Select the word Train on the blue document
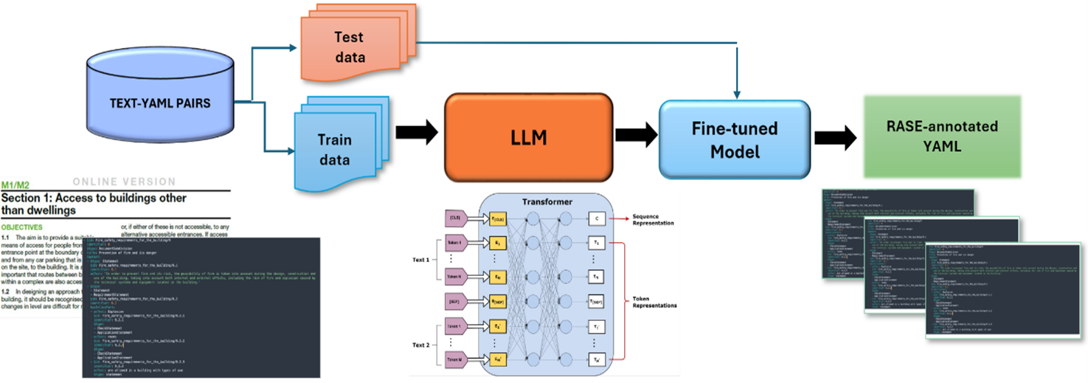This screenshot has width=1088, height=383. point(333,139)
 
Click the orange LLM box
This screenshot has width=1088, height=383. point(528,134)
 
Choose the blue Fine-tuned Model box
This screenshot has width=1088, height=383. point(734,139)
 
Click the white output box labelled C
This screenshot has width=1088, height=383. point(597,218)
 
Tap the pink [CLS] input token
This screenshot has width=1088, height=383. point(456,218)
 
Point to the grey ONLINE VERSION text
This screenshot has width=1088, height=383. point(125,182)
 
